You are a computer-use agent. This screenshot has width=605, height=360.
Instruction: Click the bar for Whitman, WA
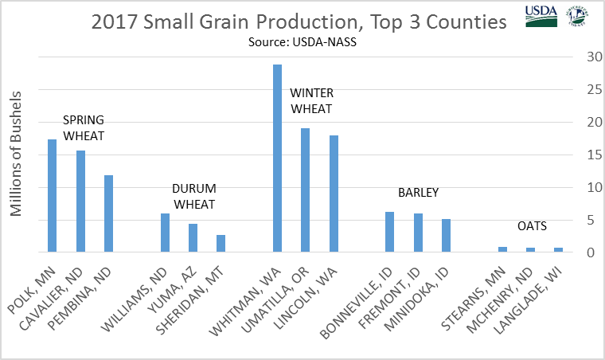coord(278,158)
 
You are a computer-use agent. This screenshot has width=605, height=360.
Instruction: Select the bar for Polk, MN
coord(53,196)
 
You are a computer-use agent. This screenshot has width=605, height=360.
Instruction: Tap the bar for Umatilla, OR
coord(306,190)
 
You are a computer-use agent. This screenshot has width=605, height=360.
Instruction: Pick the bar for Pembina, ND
coord(109,213)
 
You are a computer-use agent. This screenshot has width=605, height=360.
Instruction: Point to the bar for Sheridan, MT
coord(221,244)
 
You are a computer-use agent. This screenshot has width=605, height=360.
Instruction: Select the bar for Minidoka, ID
coord(446,236)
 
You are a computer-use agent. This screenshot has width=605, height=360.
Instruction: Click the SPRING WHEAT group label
coord(84,127)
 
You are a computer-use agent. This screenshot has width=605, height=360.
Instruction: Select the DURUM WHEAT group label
coord(194,196)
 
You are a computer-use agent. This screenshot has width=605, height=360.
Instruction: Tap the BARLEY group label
coord(419,193)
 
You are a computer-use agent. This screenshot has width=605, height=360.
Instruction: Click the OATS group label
coord(533,226)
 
